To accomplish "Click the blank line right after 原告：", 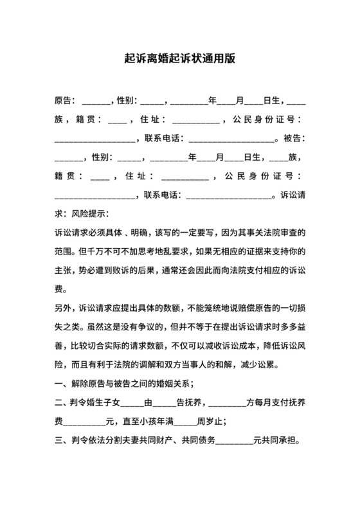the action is (x=96, y=102).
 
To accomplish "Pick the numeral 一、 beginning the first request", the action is (x=62, y=384).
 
